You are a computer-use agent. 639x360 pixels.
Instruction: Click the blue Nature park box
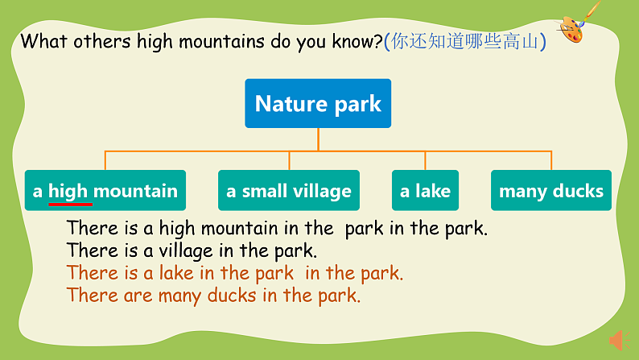click(x=318, y=103)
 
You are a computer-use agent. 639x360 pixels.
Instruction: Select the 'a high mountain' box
click(x=105, y=191)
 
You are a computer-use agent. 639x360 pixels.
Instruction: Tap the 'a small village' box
click(x=289, y=191)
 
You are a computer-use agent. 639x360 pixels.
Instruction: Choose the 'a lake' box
click(x=425, y=191)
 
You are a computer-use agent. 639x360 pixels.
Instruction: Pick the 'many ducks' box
click(x=550, y=191)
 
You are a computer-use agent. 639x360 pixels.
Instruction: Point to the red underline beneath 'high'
click(x=71, y=204)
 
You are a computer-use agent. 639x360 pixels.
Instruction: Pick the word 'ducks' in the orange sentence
click(x=232, y=296)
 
